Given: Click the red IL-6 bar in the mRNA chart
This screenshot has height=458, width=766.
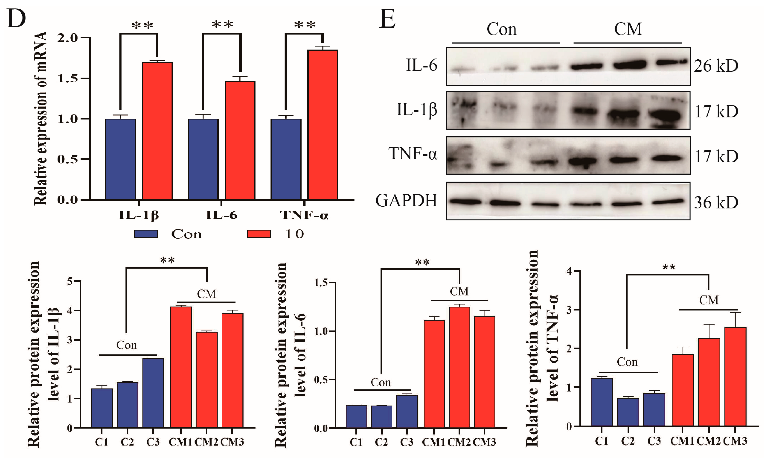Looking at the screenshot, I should click(x=240, y=140).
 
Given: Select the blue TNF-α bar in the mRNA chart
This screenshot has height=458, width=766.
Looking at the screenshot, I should click(x=286, y=159).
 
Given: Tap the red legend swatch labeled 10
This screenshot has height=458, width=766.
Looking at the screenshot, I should click(x=259, y=234).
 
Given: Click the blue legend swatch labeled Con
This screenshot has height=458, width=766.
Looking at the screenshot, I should click(x=146, y=234).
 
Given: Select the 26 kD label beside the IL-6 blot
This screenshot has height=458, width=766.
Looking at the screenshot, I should click(x=716, y=66).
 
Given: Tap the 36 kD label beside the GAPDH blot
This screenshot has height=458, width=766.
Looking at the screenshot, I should click(x=716, y=203).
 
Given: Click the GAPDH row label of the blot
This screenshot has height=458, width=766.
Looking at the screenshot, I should click(x=406, y=200).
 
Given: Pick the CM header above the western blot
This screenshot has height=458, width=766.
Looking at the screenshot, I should click(x=628, y=29).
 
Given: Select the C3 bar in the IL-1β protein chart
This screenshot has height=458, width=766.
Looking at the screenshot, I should click(x=153, y=393).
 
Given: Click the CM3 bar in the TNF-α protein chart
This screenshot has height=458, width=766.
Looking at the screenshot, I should click(x=735, y=377).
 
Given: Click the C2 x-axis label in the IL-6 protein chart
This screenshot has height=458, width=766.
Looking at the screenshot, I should click(x=381, y=442).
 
